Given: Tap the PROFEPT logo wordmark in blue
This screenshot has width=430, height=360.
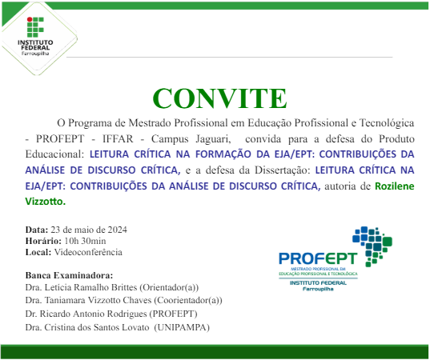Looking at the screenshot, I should tap(317, 257).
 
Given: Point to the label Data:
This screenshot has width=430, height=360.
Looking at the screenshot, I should tap(37, 230).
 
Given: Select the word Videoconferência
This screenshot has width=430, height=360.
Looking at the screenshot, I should tap(88, 252).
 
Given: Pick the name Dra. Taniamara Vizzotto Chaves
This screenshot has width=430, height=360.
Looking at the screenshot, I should tap(94, 300).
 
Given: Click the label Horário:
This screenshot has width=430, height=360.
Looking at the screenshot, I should tap(43, 241).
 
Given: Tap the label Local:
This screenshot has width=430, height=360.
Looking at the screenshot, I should tap(38, 252).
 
